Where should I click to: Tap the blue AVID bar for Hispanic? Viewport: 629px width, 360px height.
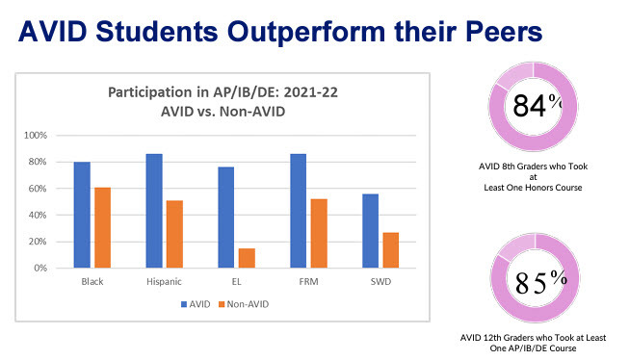click(x=154, y=211)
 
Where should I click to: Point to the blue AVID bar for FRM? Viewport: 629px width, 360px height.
click(x=298, y=211)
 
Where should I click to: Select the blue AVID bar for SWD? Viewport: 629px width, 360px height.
click(x=370, y=231)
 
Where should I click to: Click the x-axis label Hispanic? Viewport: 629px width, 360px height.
click(x=163, y=283)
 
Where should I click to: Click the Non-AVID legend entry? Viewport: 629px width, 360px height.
click(x=247, y=304)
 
